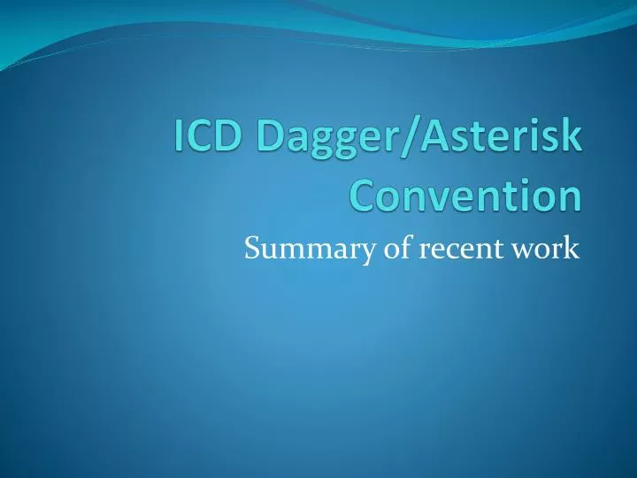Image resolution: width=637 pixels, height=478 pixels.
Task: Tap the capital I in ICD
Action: tap(180, 140)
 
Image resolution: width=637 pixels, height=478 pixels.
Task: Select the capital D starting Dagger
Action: tap(268, 140)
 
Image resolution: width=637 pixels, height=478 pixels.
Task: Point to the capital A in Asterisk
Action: tap(434, 140)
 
